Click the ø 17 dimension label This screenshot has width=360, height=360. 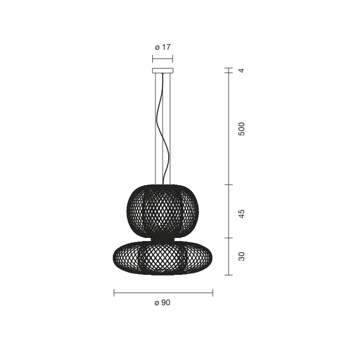(x=163, y=47)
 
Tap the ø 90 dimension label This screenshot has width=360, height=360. (x=163, y=303)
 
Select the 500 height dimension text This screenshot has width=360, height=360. (x=242, y=129)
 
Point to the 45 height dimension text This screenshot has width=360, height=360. (x=242, y=214)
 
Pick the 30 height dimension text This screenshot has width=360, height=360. (x=242, y=256)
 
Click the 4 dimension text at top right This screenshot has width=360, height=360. (x=242, y=70)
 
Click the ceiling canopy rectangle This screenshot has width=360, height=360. (x=163, y=70)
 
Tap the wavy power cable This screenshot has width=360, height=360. (x=165, y=129)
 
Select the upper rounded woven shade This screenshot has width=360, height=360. (x=163, y=211)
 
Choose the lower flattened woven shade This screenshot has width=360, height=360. (x=163, y=257)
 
